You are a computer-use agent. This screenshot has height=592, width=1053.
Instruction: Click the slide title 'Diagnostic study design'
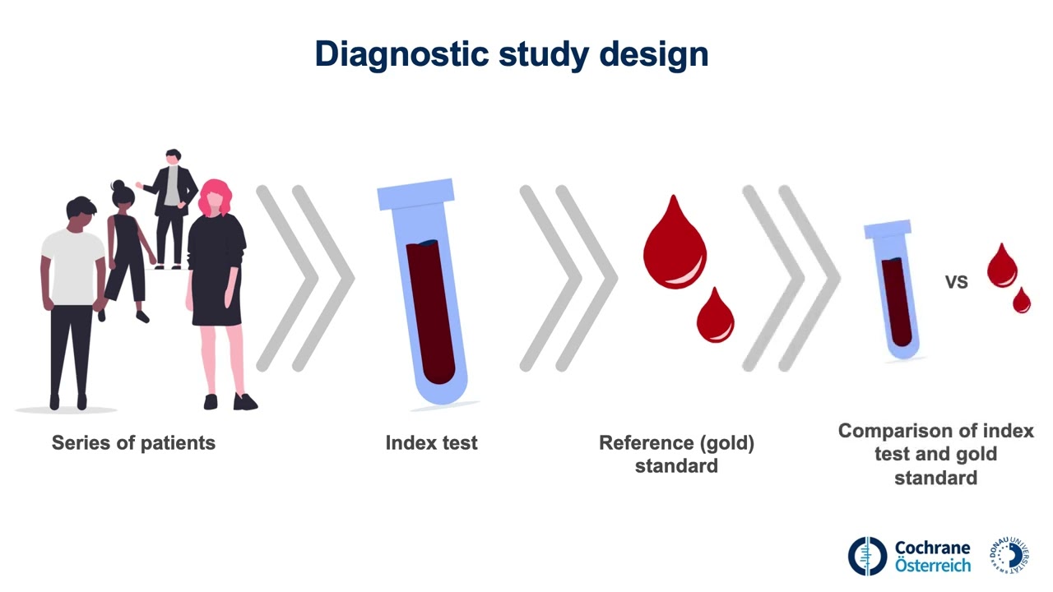coord(511,54)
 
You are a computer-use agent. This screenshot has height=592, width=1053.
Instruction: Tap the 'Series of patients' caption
coord(133,443)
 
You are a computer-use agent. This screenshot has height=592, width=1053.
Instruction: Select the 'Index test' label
coord(431,443)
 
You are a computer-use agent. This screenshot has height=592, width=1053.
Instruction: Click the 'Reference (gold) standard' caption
coord(676,454)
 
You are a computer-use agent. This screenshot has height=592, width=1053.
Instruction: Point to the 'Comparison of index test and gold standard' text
coord(935,454)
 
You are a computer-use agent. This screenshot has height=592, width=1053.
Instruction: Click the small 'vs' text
coord(956,282)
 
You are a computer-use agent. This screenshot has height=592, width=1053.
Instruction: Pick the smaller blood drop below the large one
coord(715,317)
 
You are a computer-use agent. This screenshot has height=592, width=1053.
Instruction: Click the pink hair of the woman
coord(215,197)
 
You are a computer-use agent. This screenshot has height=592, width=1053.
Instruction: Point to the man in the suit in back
coord(171,206)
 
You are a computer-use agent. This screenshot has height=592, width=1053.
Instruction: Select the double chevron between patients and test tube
coord(304,278)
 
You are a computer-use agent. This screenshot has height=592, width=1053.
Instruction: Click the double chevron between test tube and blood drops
coord(568,278)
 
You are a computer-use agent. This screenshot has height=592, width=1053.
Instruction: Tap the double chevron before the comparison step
coord(791,278)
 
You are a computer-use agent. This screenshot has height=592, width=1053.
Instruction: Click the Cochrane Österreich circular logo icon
coord(868,556)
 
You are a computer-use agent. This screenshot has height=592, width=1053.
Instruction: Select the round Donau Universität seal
coord(1010,555)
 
